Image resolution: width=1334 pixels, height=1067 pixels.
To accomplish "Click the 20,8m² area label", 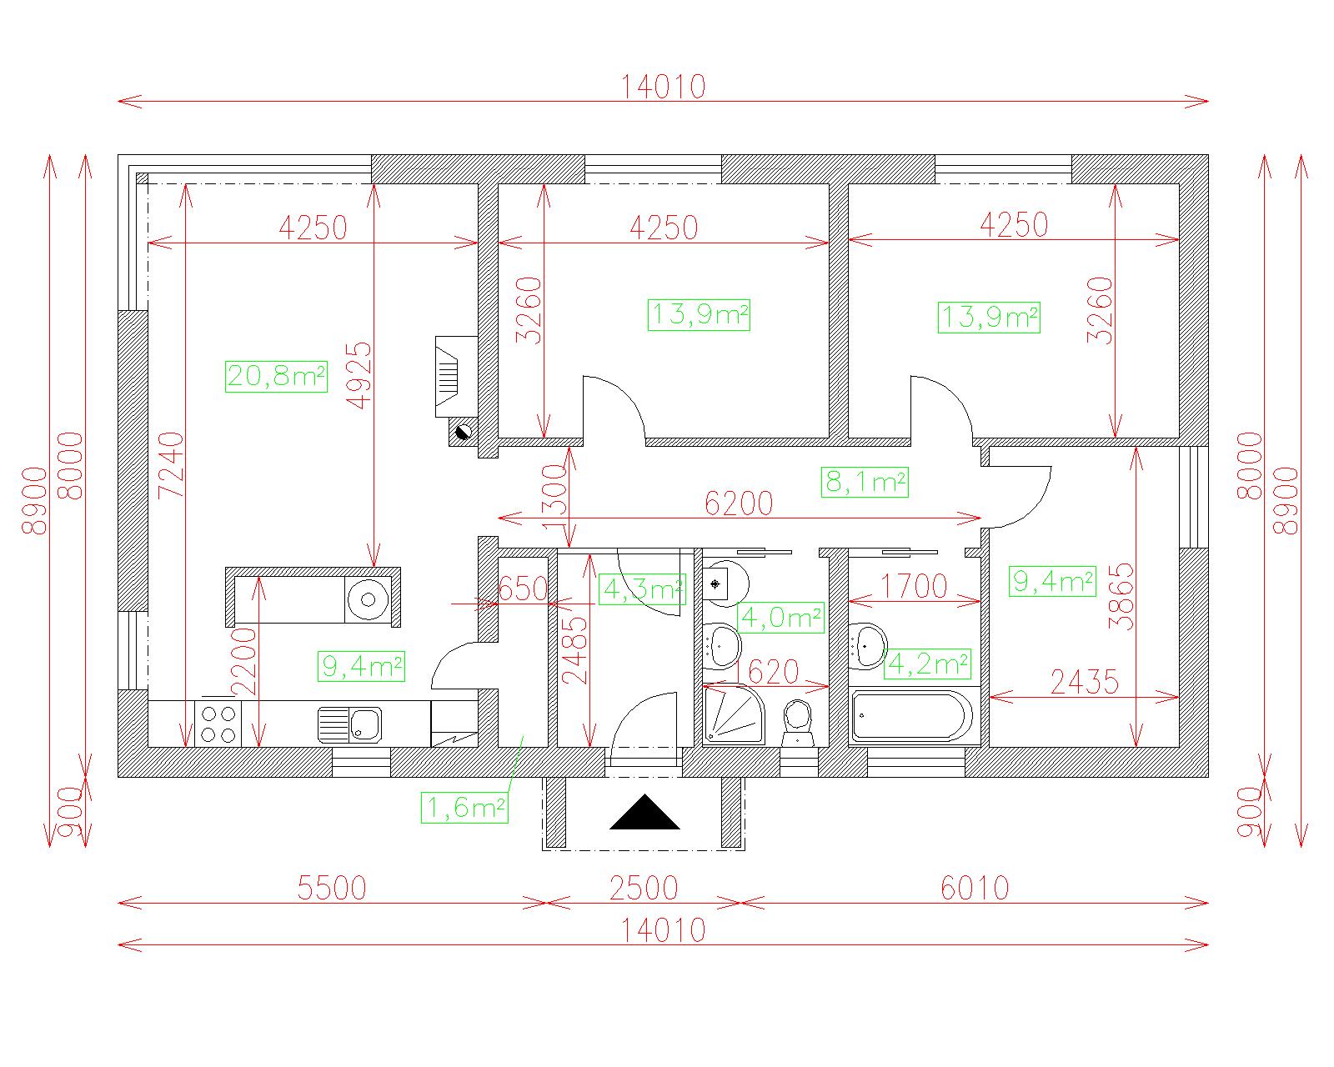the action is (276, 376).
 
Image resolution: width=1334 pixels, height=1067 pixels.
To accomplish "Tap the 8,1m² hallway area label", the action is (865, 482).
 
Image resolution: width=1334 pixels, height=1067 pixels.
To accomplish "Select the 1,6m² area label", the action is (464, 807).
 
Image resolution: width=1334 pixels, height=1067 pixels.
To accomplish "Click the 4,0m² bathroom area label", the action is (780, 618).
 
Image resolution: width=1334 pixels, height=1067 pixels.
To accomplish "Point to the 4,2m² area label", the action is (927, 664).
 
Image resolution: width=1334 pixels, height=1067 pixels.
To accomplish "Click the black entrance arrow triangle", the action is (644, 812).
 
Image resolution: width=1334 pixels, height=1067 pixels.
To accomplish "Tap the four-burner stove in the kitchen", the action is (218, 724).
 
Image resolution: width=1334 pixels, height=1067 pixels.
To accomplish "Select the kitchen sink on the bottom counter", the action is (349, 724).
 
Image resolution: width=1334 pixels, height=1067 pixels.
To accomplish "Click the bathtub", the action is (912, 717).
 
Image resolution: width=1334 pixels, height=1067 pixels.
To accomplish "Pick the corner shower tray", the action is (734, 714).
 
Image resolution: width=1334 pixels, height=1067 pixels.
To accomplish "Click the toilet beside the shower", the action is (797, 723).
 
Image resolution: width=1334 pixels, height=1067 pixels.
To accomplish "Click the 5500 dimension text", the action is (332, 889).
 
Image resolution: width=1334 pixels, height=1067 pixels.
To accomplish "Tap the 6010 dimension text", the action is (975, 889).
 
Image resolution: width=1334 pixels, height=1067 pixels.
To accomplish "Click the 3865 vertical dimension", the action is (1122, 596).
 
